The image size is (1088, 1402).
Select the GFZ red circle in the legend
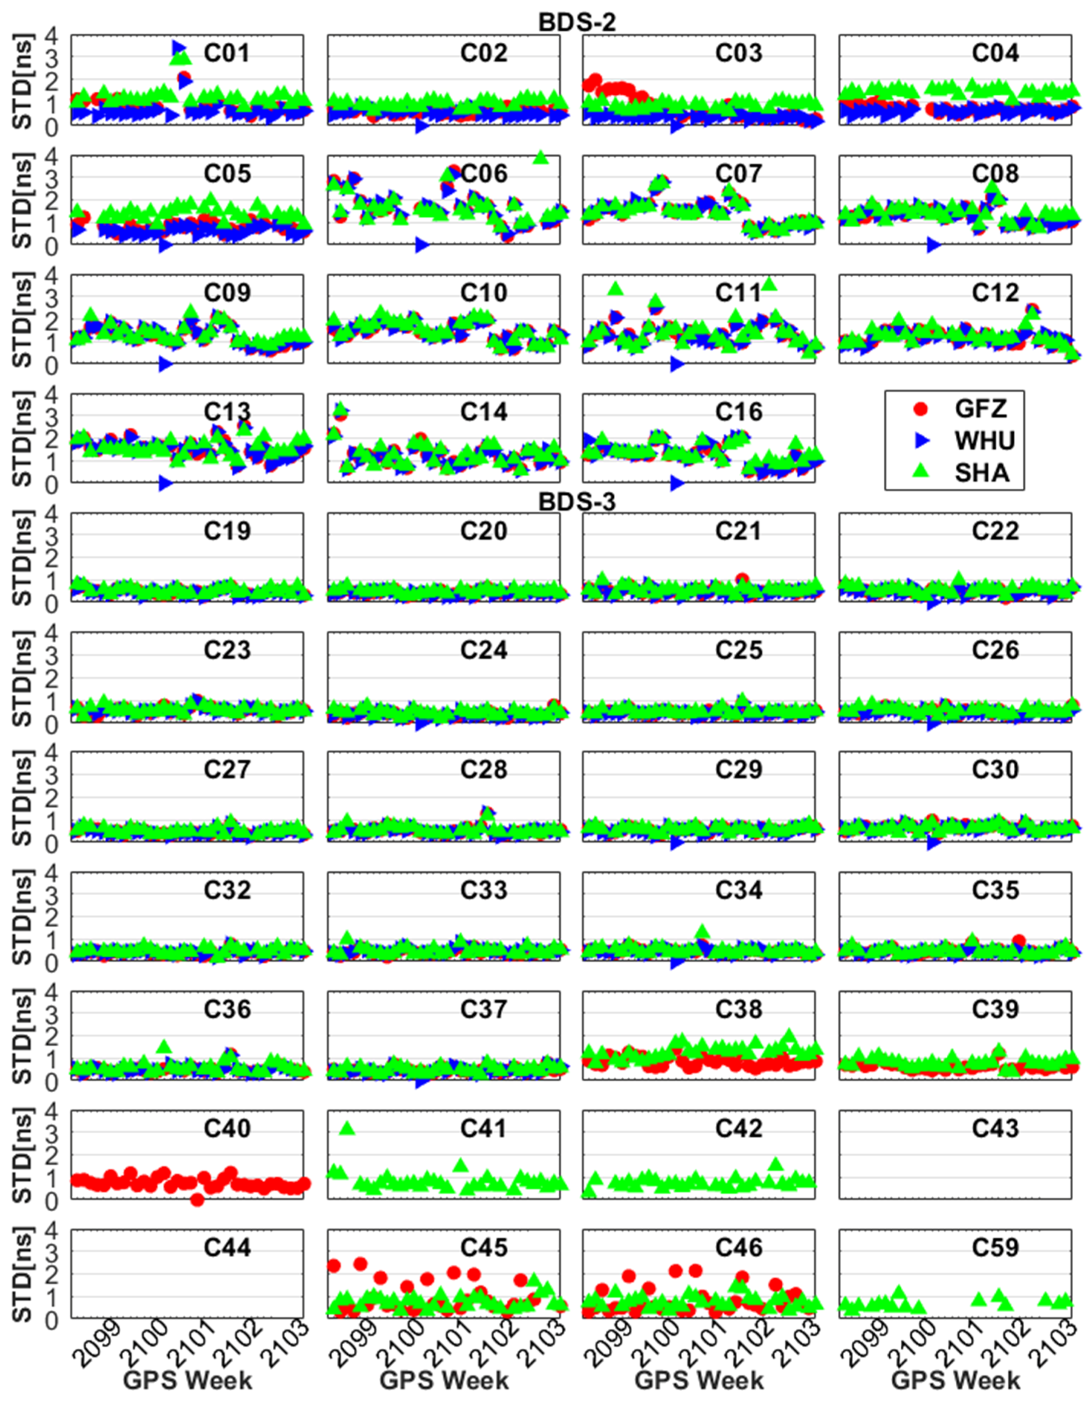pos(920,408)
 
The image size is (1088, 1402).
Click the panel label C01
pos(226,53)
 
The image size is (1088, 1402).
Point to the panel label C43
pos(995,1128)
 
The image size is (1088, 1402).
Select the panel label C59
pos(995,1247)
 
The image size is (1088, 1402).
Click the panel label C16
pos(739,411)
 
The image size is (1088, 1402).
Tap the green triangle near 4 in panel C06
pos(541,157)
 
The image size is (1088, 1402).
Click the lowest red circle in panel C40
pos(197,1199)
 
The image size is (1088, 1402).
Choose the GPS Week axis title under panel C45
pos(444,1380)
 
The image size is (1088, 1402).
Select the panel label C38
pos(739,1009)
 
